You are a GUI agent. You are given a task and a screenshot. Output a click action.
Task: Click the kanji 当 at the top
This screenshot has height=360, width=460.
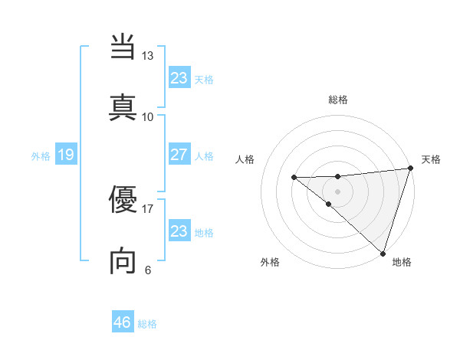click(x=123, y=49)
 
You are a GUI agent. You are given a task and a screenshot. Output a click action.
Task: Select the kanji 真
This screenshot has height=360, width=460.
click(x=123, y=107)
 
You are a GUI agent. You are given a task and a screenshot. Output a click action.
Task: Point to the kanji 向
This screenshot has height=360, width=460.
click(x=123, y=261)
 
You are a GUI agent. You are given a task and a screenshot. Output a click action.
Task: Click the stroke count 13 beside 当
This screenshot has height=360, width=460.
click(x=148, y=56)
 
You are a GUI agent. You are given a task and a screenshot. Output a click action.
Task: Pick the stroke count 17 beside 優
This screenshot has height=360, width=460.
click(x=148, y=208)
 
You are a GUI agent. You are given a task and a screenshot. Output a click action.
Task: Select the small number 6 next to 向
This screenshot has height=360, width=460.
click(x=148, y=270)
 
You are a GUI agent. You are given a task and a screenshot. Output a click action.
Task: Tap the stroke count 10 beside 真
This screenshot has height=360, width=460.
click(x=148, y=116)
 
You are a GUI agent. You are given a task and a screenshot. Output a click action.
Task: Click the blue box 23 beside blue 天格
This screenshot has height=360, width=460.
click(x=179, y=78)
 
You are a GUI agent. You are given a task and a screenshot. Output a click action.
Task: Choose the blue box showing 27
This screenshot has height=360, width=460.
click(x=179, y=155)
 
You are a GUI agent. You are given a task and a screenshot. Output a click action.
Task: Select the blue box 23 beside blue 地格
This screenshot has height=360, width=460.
click(x=179, y=231)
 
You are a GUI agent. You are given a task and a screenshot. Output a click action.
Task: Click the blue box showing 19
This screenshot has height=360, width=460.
click(x=66, y=155)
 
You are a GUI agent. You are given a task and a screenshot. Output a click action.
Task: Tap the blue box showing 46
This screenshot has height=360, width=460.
click(x=123, y=322)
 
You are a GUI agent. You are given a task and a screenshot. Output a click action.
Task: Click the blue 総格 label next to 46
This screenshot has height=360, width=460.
click(x=147, y=324)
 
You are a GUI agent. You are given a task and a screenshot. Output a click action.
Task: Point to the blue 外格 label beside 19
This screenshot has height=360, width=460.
click(x=41, y=156)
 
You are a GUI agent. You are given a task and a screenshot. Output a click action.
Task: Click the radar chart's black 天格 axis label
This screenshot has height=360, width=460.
click(x=431, y=159)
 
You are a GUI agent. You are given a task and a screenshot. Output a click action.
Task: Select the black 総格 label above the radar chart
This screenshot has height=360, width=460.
click(x=338, y=100)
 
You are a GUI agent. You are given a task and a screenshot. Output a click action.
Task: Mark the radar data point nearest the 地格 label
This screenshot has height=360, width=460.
click(x=383, y=253)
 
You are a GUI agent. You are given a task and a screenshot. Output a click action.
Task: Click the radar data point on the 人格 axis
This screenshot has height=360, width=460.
click(x=294, y=178)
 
